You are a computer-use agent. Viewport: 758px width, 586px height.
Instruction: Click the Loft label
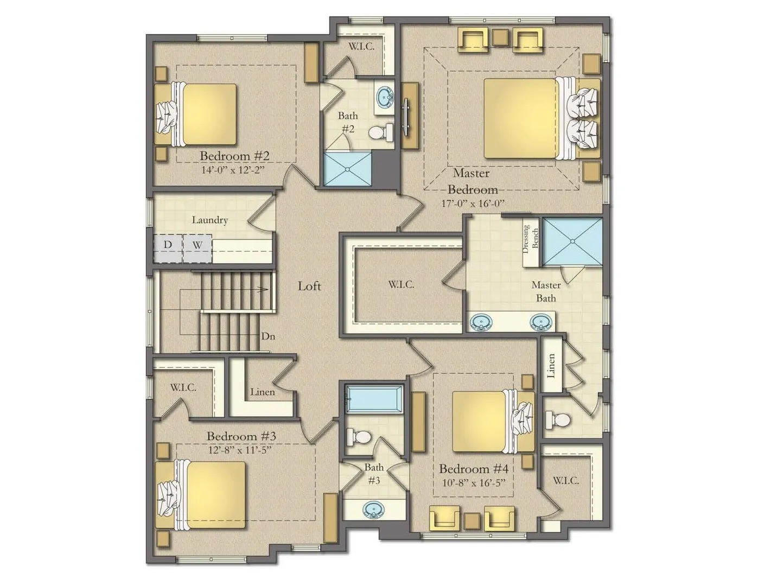309,286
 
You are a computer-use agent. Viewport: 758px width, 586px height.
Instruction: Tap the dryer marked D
168,248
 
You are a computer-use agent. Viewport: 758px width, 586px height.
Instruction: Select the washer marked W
197,248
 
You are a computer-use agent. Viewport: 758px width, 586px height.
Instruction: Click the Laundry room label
209,220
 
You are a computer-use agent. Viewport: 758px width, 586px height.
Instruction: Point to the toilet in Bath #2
380,132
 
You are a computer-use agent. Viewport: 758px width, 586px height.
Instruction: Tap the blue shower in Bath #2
347,168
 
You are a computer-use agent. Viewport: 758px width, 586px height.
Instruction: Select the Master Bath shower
572,241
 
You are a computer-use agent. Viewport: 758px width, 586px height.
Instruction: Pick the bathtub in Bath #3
374,399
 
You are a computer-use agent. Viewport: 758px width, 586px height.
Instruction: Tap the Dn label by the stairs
268,336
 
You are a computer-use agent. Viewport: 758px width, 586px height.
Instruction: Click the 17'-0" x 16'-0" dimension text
473,203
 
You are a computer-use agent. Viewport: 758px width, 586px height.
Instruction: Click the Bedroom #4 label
473,469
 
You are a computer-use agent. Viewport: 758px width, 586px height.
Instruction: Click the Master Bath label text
546,291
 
